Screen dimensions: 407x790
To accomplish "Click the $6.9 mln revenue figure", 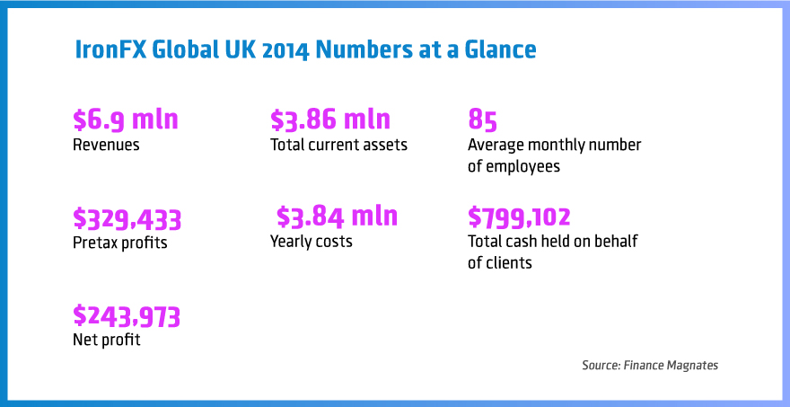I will click(126, 120).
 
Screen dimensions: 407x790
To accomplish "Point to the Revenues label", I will click(106, 145).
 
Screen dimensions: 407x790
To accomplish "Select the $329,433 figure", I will click(127, 218).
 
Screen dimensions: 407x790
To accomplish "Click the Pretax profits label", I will click(119, 242).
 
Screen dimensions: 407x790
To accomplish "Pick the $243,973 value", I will click(127, 316).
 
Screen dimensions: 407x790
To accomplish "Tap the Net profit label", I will click(106, 340).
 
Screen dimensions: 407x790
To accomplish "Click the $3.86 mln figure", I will click(330, 120).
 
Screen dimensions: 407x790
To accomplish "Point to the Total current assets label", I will click(338, 145).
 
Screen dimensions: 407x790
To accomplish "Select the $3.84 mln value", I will click(337, 217).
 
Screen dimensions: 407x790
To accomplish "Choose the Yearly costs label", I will click(312, 242).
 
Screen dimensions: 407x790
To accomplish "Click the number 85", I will click(483, 120).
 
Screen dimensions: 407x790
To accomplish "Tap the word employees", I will click(522, 166).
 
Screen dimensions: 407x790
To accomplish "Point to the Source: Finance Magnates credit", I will click(650, 366).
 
